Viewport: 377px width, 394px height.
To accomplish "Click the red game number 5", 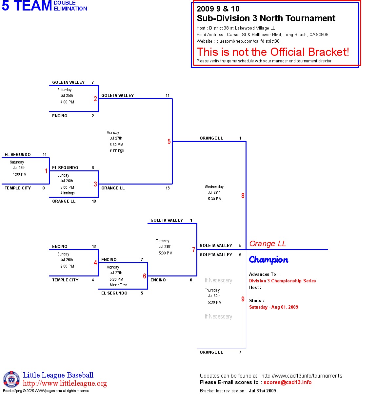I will [169, 142].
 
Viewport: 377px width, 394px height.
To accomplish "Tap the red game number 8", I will [243, 196].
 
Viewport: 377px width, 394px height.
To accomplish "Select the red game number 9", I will [243, 299].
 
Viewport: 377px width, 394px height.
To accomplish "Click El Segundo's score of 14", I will [45, 155].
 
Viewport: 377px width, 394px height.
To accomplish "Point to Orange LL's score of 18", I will [94, 201].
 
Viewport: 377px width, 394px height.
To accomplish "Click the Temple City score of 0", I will [44, 188].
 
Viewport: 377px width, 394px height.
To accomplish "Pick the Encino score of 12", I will [94, 247].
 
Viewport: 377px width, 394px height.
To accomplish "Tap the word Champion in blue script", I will [268, 260].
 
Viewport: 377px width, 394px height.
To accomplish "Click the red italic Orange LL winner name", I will [268, 244].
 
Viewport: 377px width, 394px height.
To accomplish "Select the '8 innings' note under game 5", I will [117, 150].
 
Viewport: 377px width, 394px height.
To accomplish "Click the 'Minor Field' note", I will [118, 285].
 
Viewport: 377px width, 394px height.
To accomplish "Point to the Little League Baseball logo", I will [11, 379].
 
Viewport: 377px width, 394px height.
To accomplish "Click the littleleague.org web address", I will [65, 383].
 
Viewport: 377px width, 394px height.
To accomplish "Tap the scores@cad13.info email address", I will [288, 382].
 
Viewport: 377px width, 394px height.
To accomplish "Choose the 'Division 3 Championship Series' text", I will [282, 281].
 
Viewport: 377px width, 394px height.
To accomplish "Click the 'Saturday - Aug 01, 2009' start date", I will [273, 307].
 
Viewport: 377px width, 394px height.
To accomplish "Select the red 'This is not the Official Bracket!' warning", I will [273, 52].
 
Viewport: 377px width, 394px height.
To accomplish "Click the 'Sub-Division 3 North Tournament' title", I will [266, 18].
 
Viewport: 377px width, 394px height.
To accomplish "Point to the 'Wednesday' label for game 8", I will [214, 187].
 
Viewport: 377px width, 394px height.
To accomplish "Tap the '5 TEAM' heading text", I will [27, 6].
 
